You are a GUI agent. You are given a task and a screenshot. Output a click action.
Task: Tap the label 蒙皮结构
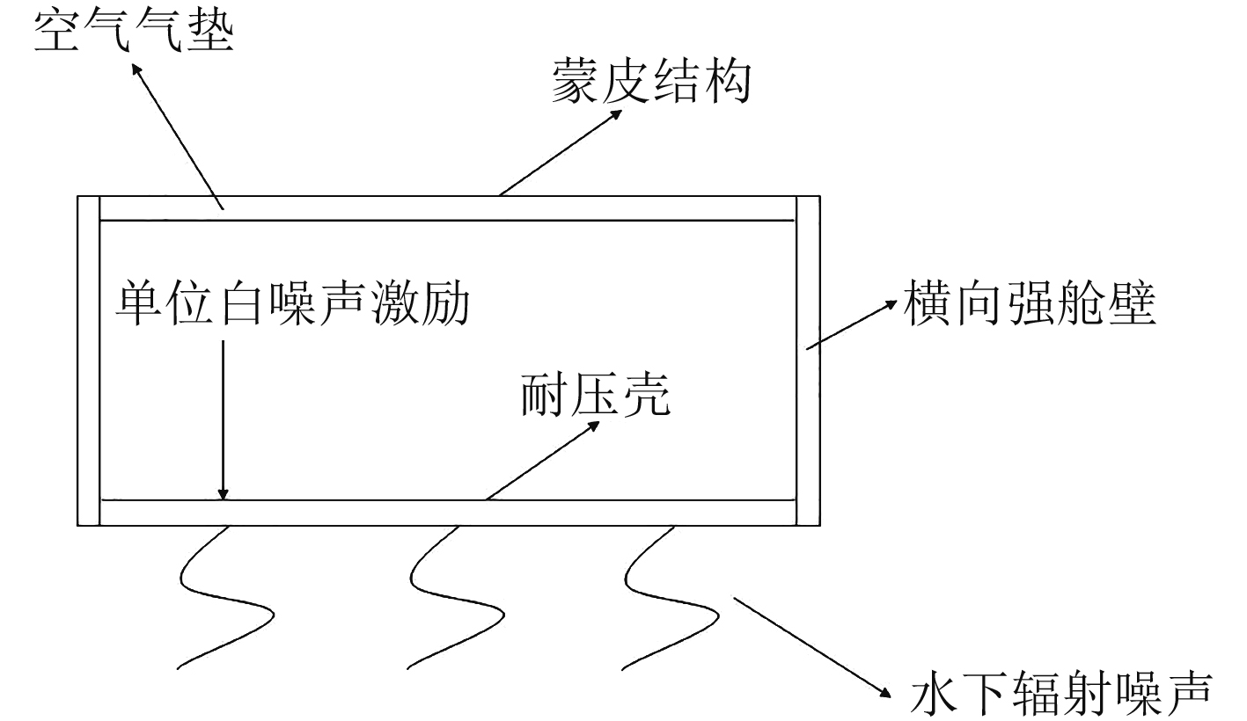650,83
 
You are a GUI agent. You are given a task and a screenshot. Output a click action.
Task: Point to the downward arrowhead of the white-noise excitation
224,494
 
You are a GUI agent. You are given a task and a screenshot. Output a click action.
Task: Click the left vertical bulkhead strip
89,360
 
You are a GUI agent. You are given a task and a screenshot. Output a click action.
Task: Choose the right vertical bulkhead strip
808,360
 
